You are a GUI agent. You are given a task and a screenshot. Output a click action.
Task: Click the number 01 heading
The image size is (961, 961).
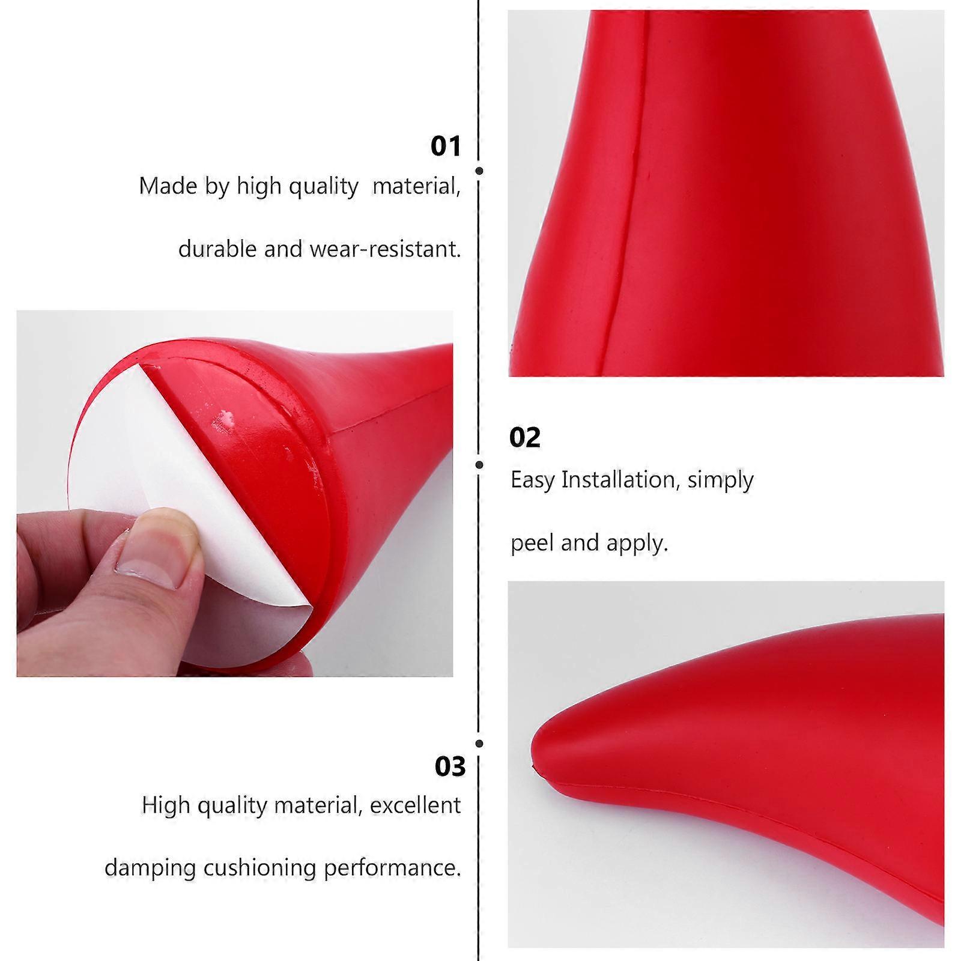point(446,147)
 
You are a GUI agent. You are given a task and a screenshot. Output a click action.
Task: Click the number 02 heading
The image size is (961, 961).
point(525,437)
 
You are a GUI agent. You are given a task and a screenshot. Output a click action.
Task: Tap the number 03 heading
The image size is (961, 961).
point(450,766)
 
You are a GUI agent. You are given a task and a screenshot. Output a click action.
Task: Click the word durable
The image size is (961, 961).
point(218,249)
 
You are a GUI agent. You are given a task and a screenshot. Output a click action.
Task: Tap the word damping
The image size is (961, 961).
point(150,869)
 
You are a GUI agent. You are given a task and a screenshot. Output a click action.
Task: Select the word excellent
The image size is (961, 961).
point(415,805)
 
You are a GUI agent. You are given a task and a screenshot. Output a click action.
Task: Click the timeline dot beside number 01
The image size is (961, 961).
point(479,171)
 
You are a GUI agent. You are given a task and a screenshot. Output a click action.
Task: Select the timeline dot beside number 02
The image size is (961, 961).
point(479,464)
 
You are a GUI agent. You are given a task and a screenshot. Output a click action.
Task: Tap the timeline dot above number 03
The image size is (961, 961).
point(479,744)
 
